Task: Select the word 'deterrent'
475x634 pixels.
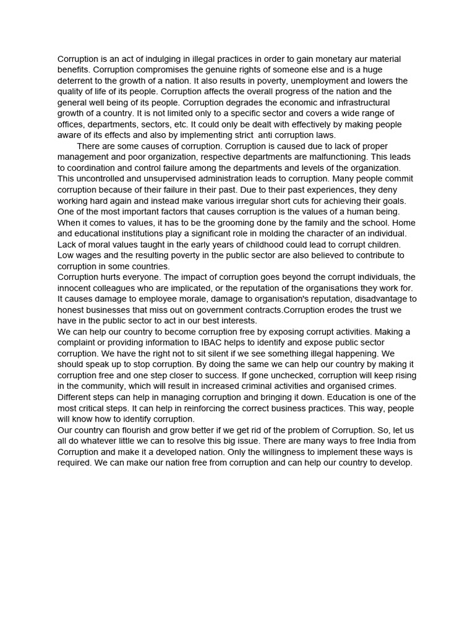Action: (x=77, y=81)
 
